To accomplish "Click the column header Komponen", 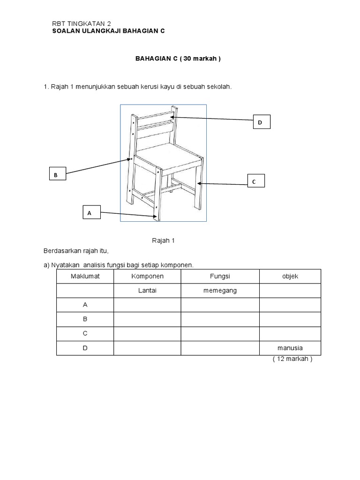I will pyautogui.click(x=147, y=276).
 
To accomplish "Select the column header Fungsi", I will pyautogui.click(x=220, y=276).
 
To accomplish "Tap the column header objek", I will pyautogui.click(x=290, y=276).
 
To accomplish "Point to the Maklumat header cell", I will pyautogui.click(x=85, y=276).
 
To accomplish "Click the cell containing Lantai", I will pyautogui.click(x=147, y=291).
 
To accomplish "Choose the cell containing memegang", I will pyautogui.click(x=220, y=291).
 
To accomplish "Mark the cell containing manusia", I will pyautogui.click(x=290, y=348).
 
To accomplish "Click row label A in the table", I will pyautogui.click(x=85, y=305).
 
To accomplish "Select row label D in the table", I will pyautogui.click(x=85, y=348).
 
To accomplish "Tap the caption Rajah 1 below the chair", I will pyautogui.click(x=163, y=240).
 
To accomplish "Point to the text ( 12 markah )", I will pyautogui.click(x=292, y=360).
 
